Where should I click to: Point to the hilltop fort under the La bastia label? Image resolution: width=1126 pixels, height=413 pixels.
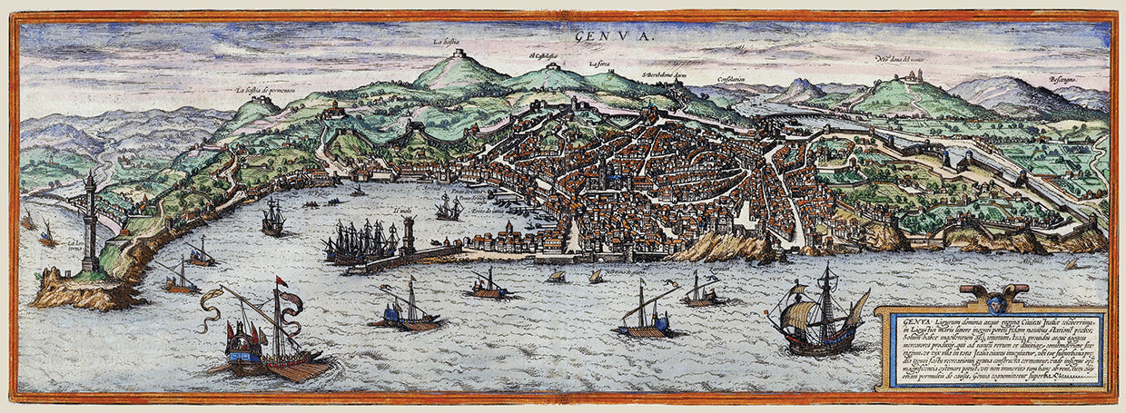459,54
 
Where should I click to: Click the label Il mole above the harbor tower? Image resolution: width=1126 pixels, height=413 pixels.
402,208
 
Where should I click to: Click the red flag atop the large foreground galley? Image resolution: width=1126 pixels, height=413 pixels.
281,282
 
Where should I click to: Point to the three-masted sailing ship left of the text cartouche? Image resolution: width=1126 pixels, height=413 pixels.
815,313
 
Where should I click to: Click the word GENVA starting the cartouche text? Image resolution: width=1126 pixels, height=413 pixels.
911,320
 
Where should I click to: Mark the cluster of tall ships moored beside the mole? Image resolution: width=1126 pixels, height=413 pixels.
361,243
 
